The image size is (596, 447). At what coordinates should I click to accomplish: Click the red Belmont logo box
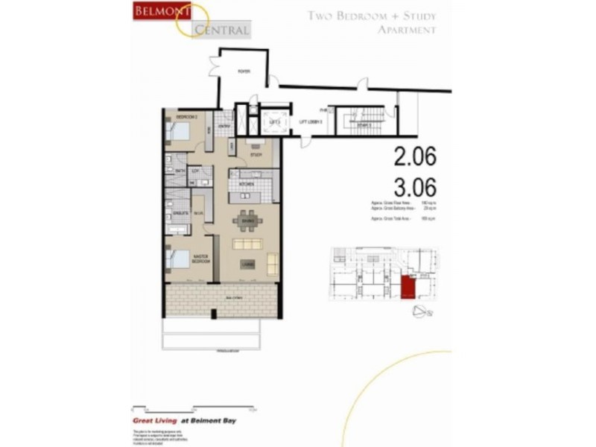pyautogui.click(x=158, y=11)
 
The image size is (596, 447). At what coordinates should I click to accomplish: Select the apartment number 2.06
pyautogui.click(x=414, y=156)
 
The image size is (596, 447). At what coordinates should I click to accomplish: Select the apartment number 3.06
pyautogui.click(x=414, y=186)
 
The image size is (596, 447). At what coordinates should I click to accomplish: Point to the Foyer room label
pyautogui.click(x=243, y=72)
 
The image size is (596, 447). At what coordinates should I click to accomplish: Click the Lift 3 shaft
pyautogui.click(x=273, y=121)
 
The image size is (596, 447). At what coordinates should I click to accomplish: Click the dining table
pyautogui.click(x=247, y=219)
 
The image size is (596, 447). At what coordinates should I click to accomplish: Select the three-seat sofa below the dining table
pyautogui.click(x=247, y=244)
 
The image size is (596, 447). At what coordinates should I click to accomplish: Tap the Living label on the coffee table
pyautogui.click(x=247, y=264)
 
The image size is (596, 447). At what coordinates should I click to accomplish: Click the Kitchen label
pyautogui.click(x=247, y=183)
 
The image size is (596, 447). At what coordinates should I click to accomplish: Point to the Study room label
pyautogui.click(x=256, y=156)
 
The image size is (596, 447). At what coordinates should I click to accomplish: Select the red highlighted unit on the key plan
pyautogui.click(x=408, y=287)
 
